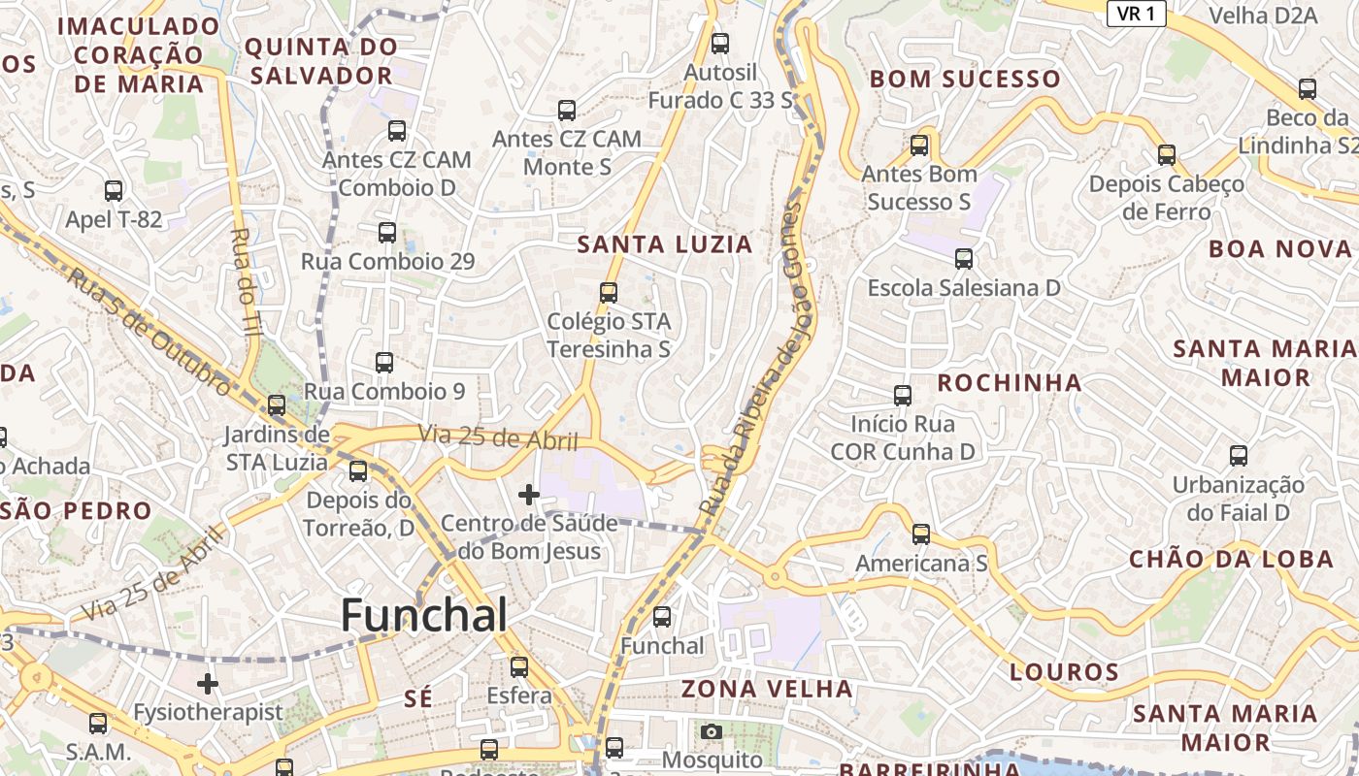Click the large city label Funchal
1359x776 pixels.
(x=424, y=616)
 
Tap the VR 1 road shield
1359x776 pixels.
(x=1136, y=13)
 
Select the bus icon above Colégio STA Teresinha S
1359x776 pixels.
(x=609, y=292)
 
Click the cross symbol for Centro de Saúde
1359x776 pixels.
(x=528, y=495)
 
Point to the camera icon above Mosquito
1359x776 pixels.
(x=712, y=731)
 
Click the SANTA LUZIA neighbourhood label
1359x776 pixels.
(x=665, y=244)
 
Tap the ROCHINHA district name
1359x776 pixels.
(x=1010, y=382)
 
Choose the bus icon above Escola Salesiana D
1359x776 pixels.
(x=963, y=259)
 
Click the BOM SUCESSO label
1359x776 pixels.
(x=965, y=79)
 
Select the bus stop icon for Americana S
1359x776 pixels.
(x=920, y=533)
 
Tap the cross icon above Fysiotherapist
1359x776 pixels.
(x=207, y=684)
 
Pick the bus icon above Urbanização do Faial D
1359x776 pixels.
(x=1238, y=455)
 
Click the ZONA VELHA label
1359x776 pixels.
(x=767, y=689)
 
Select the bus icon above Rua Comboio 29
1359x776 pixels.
(x=387, y=232)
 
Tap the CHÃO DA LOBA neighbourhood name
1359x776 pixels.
(x=1231, y=559)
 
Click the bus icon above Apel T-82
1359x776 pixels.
(x=114, y=190)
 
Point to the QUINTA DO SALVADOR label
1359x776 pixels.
(x=320, y=61)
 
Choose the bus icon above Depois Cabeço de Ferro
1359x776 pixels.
(x=1167, y=154)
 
